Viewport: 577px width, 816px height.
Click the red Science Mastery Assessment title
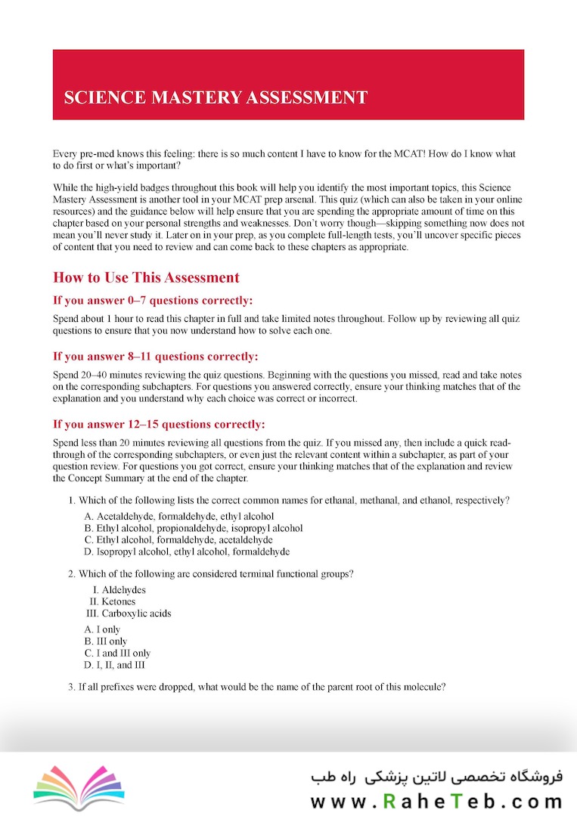tap(216, 97)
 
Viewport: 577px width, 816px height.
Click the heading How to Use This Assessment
tap(146, 277)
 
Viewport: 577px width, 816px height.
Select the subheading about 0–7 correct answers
tap(153, 300)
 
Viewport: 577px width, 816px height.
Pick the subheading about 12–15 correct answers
tap(158, 423)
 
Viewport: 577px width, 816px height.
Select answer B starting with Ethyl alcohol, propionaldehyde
tap(194, 528)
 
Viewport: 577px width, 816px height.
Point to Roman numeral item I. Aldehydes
tap(119, 589)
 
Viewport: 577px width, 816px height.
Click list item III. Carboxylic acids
tap(130, 614)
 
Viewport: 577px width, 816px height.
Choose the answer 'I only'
tap(103, 629)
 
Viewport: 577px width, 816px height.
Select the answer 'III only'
tap(106, 641)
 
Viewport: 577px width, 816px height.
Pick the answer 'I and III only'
tap(117, 654)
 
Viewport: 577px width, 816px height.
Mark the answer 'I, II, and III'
tap(115, 666)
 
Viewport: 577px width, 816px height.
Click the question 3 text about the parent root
tap(256, 688)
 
